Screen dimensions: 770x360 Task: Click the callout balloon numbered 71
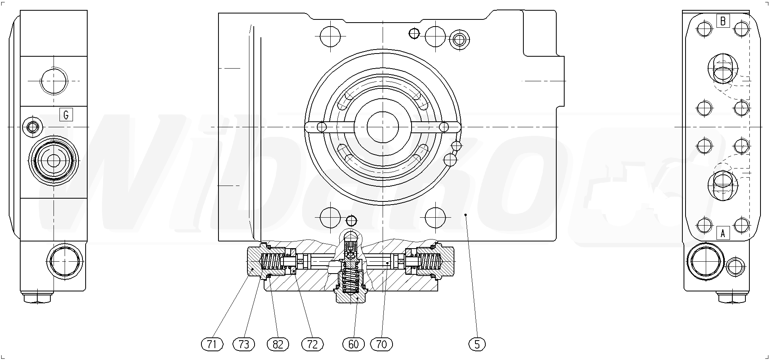click(x=212, y=344)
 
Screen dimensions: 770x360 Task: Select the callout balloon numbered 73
click(x=244, y=344)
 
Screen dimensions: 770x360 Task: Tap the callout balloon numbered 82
click(x=278, y=344)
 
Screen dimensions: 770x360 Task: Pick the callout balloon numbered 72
click(x=312, y=344)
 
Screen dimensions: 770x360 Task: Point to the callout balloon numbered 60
click(x=353, y=344)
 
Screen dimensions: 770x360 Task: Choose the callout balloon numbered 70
click(x=381, y=344)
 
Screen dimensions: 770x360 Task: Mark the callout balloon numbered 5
click(x=477, y=344)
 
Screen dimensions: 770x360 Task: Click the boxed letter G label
click(x=66, y=115)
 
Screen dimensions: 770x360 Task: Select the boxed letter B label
click(x=723, y=21)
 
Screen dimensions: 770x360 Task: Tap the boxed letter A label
click(x=723, y=234)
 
